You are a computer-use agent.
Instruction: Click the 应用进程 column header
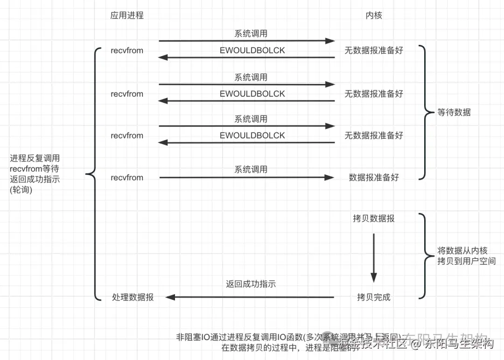pos(127,15)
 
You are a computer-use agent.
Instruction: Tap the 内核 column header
pos(374,15)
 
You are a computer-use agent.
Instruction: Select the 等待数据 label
pos(454,113)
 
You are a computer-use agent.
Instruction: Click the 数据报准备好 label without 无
pos(374,177)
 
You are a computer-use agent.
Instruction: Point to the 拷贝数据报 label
pos(374,218)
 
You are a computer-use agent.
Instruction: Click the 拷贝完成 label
pos(374,297)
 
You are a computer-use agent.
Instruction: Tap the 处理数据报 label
pos(133,297)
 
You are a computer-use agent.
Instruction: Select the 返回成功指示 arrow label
pos(251,284)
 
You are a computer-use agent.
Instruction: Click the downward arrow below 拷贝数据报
pos(374,257)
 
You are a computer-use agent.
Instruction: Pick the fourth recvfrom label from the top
pos(127,177)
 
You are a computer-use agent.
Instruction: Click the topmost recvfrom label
pos(127,50)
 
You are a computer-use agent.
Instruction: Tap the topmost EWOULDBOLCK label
pos(252,50)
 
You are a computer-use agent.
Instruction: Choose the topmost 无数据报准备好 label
pos(374,50)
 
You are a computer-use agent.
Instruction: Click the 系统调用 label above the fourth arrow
pos(251,169)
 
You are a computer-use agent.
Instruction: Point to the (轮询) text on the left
pos(21,190)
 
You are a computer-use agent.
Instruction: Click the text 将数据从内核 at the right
pos(462,251)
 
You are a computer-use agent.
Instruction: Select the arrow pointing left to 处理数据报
pos(250,297)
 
